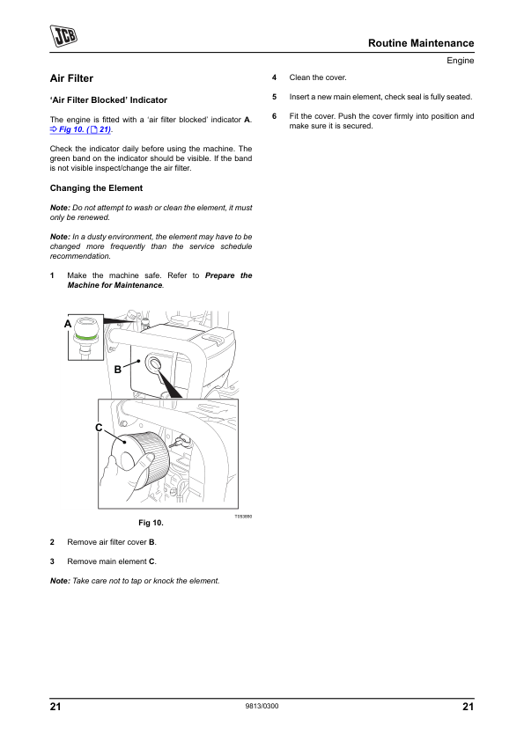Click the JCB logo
point(63,36)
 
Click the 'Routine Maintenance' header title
point(421,43)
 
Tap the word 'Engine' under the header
point(461,61)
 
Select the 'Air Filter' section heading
point(71,78)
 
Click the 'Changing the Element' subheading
point(97,188)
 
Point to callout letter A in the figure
point(68,324)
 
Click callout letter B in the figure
point(118,370)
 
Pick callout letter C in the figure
point(99,428)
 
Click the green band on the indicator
point(86,337)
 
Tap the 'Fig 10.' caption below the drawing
point(151,523)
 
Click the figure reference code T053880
point(243,517)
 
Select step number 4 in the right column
point(274,77)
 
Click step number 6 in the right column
point(274,116)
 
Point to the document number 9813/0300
point(262,706)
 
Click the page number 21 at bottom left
point(55,707)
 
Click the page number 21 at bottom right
point(469,707)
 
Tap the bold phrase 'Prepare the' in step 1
point(228,275)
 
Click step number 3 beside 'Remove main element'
point(52,561)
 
